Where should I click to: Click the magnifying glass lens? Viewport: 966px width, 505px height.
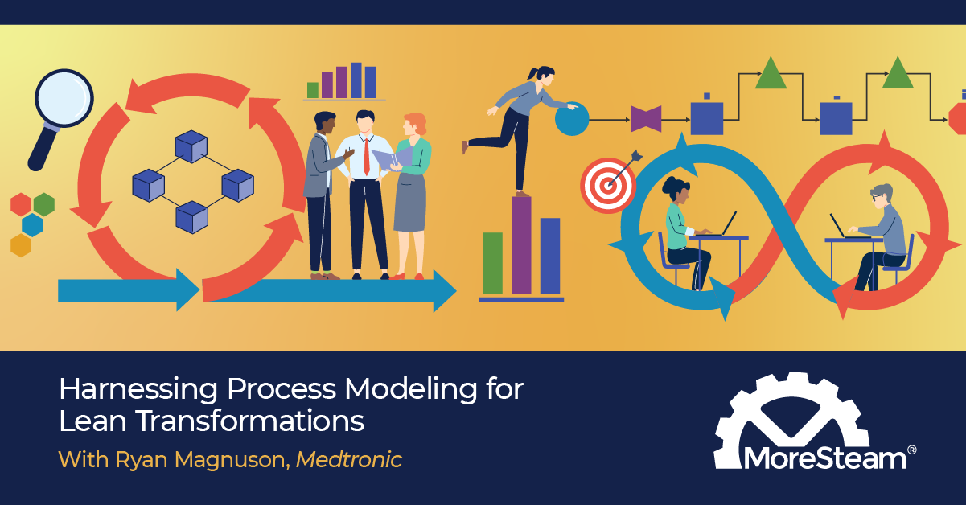64,98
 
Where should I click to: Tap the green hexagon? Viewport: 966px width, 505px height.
43,204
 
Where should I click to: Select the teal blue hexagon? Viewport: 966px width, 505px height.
32,224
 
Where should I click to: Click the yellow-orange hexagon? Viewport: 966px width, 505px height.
21,244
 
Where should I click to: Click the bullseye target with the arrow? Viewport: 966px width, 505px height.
607,183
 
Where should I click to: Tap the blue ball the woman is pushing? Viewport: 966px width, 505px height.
572,119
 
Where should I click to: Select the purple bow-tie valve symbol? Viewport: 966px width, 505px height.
645,119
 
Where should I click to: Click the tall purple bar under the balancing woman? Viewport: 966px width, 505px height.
521,244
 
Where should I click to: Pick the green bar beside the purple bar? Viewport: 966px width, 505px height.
492,262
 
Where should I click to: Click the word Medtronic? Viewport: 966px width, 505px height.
348,459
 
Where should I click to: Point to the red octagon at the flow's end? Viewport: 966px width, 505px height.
957,119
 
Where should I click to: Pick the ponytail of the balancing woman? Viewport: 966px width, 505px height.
531,74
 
